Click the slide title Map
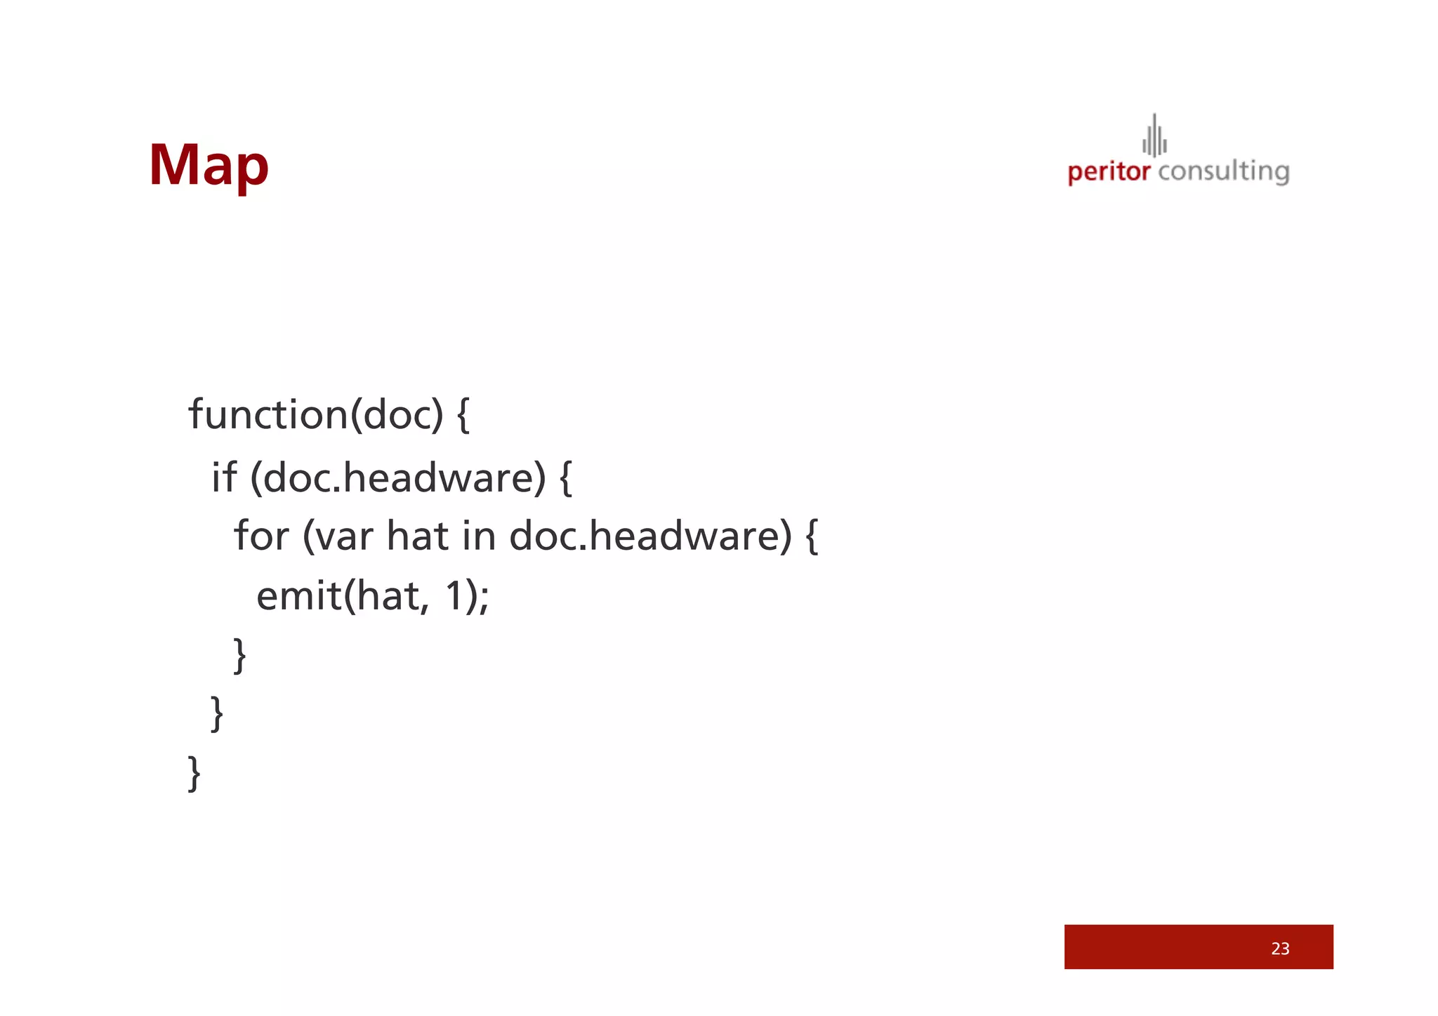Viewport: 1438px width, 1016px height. click(x=209, y=166)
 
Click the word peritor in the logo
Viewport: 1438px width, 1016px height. click(x=1109, y=172)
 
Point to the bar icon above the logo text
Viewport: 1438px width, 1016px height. click(x=1154, y=136)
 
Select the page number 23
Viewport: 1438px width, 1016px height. click(x=1280, y=949)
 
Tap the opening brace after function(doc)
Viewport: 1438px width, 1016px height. click(x=463, y=415)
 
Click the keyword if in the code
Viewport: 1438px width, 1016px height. click(x=224, y=477)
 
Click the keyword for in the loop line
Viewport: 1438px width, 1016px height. click(x=261, y=536)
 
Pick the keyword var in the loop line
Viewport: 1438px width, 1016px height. click(x=343, y=536)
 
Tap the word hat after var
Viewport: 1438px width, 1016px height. click(x=417, y=536)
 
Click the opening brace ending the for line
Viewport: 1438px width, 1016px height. click(x=811, y=536)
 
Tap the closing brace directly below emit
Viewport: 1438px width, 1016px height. click(x=239, y=655)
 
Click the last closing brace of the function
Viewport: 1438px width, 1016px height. click(x=194, y=773)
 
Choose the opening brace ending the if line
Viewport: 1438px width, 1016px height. click(x=565, y=477)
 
